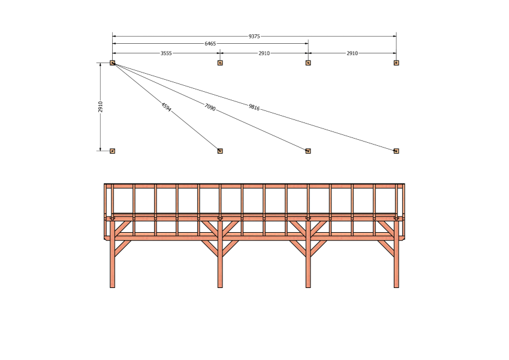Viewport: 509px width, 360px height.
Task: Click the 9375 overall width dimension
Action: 254,37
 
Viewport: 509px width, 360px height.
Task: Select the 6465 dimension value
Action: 210,44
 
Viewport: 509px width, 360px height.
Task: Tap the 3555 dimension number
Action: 166,53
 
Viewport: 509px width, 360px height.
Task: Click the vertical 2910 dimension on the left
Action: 101,107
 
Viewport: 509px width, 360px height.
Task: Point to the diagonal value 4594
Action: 166,107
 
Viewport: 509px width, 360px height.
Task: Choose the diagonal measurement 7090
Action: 210,107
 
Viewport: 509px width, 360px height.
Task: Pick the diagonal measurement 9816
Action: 254,107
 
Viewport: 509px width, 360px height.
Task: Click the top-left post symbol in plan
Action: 112,63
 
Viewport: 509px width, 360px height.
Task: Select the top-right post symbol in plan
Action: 396,63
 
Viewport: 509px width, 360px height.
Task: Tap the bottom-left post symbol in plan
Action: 112,151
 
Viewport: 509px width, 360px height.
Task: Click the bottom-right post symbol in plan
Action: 396,151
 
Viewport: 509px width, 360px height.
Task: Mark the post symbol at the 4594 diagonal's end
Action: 220,151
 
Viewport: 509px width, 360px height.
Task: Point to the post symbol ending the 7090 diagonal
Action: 308,151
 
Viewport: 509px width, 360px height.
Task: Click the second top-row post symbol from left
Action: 220,63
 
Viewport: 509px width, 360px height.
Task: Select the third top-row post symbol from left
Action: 308,63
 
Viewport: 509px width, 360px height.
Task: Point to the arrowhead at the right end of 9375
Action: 394,37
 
